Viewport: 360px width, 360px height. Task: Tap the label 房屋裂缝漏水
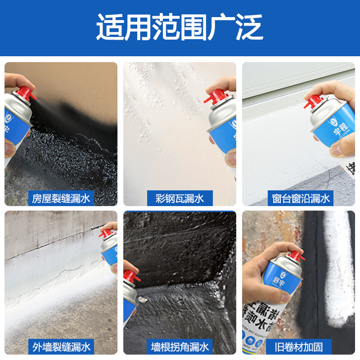[x=61, y=198]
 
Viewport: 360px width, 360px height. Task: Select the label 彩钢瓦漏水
[x=180, y=198]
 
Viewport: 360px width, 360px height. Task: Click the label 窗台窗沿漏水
[x=301, y=198]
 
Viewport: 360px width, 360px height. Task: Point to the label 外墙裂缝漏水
[x=61, y=346]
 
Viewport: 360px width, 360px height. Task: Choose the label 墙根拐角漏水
[x=180, y=346]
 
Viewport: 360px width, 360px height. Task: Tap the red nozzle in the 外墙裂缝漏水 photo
[x=106, y=233]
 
